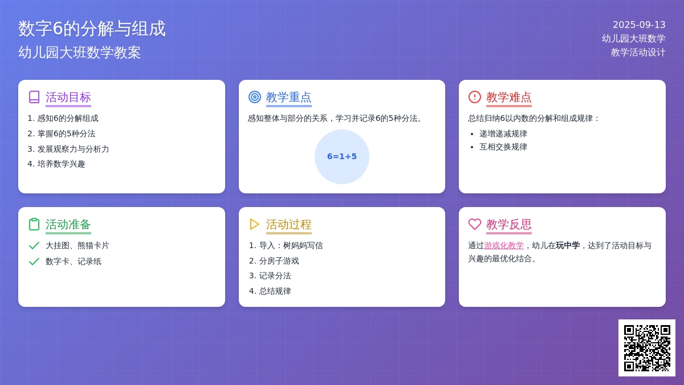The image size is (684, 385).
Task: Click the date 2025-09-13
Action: [639, 25]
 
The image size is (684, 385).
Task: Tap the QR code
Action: [647, 348]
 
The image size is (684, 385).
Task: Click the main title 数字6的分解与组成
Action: [92, 29]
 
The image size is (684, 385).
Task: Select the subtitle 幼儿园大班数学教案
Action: [79, 52]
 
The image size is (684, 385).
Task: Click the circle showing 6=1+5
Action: [341, 157]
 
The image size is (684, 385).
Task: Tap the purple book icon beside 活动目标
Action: [34, 97]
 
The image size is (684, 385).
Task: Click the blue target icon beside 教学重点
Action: [255, 97]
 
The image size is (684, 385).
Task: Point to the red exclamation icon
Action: [474, 97]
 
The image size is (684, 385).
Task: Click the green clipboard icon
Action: [34, 224]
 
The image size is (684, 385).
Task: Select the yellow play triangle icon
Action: [254, 224]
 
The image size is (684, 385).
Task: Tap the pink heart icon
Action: [474, 224]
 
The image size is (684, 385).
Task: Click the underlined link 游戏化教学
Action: [504, 245]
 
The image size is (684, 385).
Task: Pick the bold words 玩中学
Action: [568, 245]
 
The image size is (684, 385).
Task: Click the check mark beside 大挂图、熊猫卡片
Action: [34, 246]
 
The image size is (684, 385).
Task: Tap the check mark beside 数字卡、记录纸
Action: [34, 262]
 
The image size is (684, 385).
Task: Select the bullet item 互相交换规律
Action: [503, 147]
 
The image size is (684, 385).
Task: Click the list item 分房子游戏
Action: [279, 261]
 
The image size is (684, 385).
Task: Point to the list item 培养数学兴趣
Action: [61, 164]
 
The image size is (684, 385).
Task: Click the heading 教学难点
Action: [509, 97]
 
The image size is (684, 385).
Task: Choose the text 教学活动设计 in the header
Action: [638, 52]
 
